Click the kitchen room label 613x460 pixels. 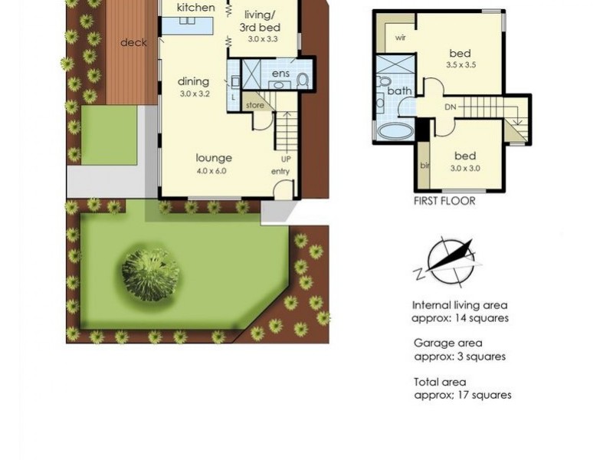click(196, 8)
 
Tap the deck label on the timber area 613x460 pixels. click(133, 43)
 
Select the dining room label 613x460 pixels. click(193, 82)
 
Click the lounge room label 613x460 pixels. click(214, 158)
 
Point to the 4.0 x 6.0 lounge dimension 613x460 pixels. click(211, 170)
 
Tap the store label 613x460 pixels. click(254, 105)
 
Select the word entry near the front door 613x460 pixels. click(280, 171)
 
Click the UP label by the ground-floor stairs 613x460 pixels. click(285, 159)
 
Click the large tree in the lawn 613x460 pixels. click(151, 273)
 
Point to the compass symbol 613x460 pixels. click(451, 260)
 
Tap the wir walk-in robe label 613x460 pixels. click(400, 38)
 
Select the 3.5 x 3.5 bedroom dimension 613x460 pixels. click(462, 65)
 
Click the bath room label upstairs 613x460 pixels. click(399, 90)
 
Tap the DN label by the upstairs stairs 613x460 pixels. click(450, 107)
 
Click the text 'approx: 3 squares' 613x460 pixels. click(460, 356)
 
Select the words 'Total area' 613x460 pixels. click(439, 382)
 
